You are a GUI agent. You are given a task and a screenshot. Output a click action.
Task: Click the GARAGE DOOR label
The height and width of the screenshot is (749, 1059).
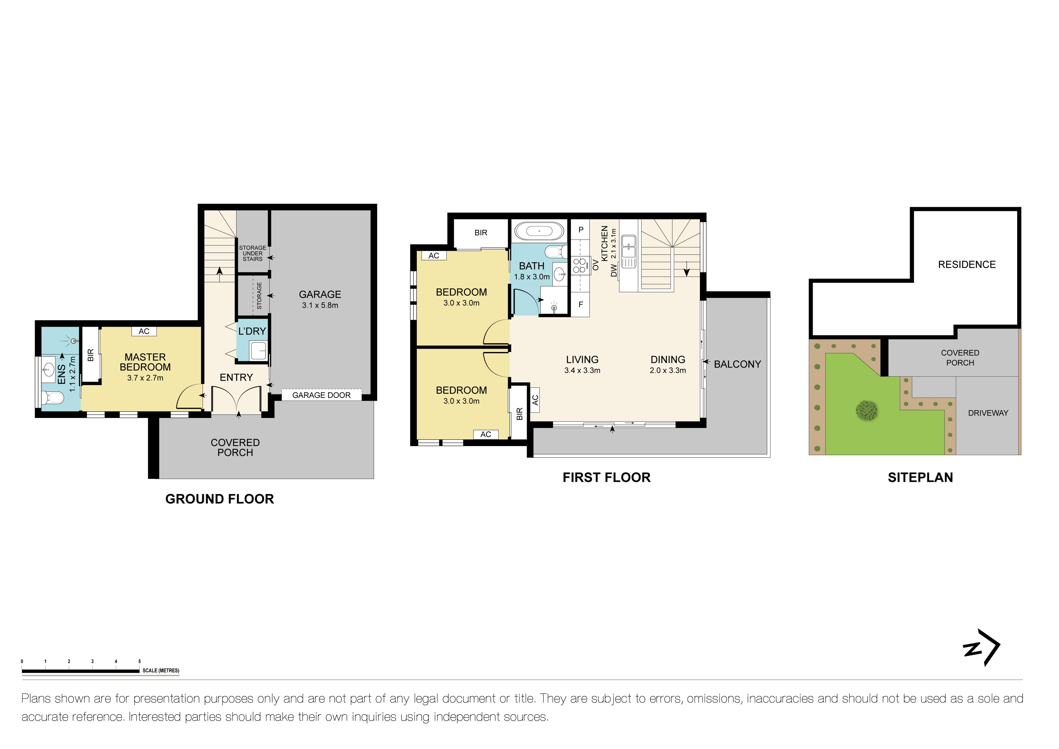321,395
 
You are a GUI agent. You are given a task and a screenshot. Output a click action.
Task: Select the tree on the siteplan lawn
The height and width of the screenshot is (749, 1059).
867,410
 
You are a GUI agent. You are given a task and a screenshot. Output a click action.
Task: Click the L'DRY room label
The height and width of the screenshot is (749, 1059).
252,331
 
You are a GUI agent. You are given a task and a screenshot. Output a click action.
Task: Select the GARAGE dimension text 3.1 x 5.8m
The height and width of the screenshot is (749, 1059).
320,305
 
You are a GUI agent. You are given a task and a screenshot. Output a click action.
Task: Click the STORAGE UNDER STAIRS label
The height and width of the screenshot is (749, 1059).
252,253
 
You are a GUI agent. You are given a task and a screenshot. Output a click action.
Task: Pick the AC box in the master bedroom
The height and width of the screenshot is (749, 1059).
144,331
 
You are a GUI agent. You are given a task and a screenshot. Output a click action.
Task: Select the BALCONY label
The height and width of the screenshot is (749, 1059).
737,364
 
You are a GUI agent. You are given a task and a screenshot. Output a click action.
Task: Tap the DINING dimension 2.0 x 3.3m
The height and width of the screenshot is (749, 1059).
667,370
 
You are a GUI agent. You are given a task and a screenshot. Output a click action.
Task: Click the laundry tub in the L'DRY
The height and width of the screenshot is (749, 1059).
258,350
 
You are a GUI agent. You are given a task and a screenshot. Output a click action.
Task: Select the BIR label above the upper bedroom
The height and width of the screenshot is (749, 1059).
481,233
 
